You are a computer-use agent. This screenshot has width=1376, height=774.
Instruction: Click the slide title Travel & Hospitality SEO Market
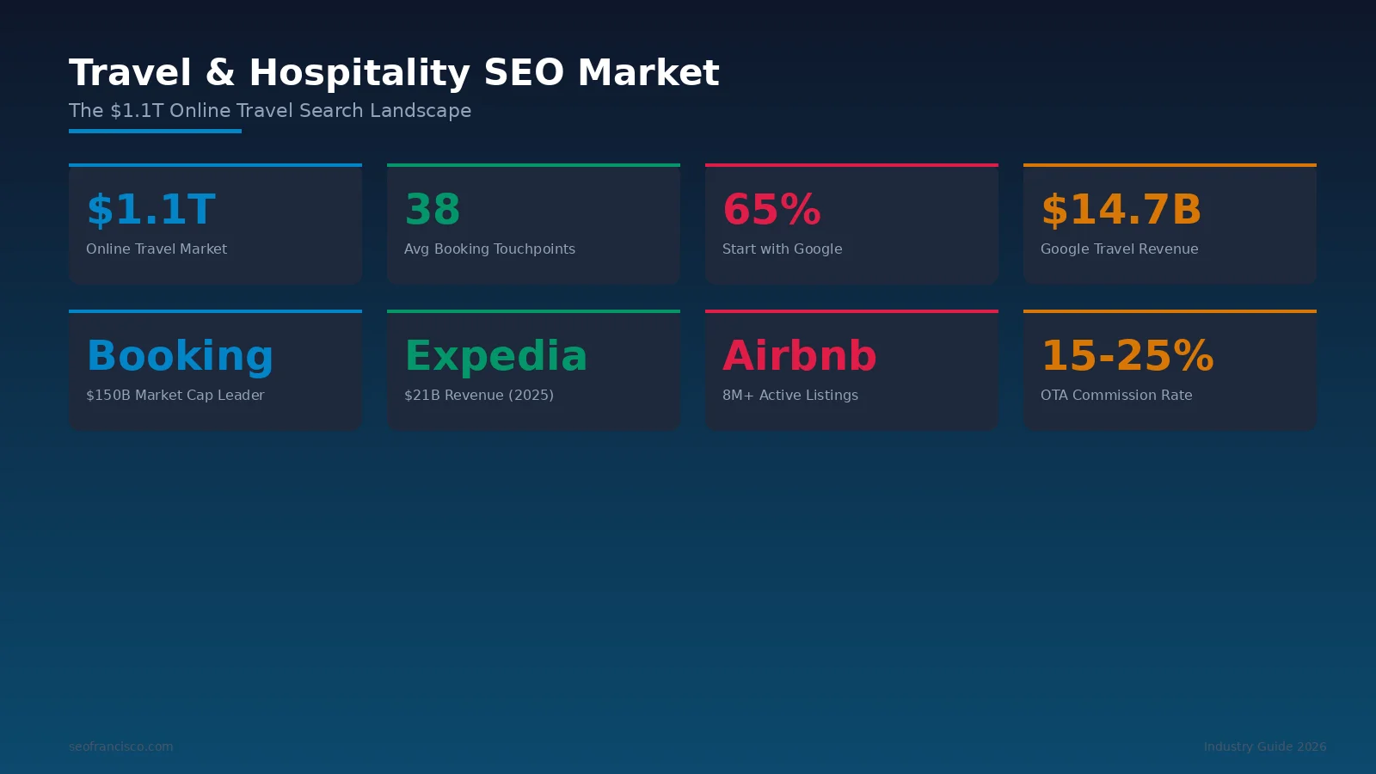(x=394, y=72)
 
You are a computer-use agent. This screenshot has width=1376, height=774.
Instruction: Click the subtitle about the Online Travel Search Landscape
(x=270, y=111)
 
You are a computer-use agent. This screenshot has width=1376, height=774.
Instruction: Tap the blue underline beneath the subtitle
(x=155, y=132)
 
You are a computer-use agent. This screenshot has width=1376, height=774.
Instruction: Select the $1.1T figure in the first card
(x=150, y=209)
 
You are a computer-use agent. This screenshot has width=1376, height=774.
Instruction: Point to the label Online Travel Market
(x=157, y=249)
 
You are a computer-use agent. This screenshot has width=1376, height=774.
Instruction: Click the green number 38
(x=433, y=209)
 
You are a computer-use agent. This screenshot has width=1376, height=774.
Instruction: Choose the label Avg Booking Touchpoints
(x=489, y=249)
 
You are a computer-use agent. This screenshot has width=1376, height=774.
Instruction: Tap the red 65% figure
(x=771, y=209)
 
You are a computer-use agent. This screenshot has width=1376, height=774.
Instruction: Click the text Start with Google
(x=782, y=249)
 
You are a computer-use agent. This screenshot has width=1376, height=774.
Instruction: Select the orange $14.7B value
(x=1121, y=209)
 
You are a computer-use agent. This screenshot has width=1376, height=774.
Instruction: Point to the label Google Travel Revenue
(x=1119, y=249)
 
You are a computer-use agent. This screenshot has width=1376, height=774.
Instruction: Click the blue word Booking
(x=180, y=356)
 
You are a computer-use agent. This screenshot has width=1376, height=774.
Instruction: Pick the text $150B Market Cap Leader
(x=175, y=396)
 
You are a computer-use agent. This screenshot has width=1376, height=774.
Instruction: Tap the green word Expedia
(x=495, y=356)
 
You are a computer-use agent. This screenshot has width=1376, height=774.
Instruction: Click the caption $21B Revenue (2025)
(x=478, y=396)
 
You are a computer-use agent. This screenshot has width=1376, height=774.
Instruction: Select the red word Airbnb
(x=799, y=356)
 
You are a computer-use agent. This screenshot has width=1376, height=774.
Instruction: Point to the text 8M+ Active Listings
(x=789, y=396)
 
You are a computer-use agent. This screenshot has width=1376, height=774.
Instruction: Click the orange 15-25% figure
(x=1127, y=356)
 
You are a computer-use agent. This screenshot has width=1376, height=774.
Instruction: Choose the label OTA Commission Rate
(x=1116, y=396)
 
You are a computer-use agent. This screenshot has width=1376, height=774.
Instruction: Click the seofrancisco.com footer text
(x=120, y=746)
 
